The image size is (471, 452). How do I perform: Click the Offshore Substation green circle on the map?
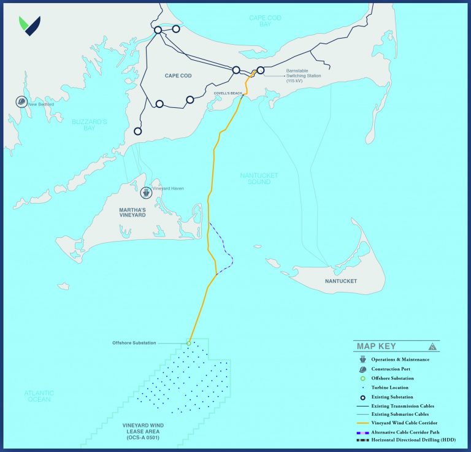click(188, 343)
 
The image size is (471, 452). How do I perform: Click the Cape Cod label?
click(179, 76)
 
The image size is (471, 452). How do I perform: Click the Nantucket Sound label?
click(259, 178)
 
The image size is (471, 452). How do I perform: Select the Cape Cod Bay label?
click(265, 21)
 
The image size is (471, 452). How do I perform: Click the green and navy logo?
click(29, 26)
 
